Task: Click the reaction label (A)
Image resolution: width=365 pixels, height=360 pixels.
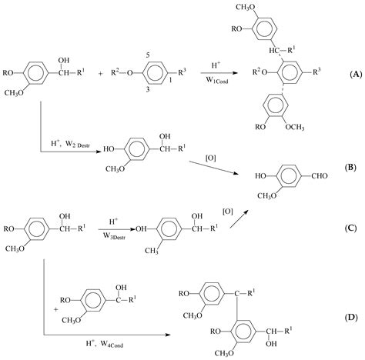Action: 355,74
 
